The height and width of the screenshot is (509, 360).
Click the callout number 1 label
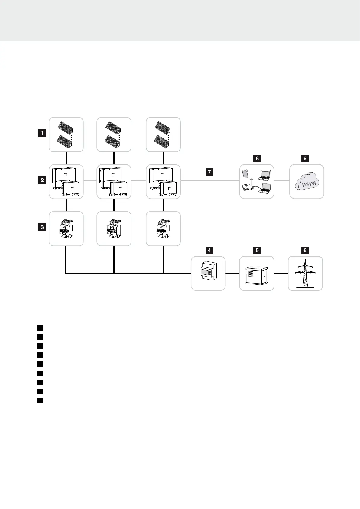pyautogui.click(x=42, y=133)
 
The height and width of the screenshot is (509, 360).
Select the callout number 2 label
pyautogui.click(x=42, y=180)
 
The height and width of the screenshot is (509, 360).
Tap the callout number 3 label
pyautogui.click(x=42, y=227)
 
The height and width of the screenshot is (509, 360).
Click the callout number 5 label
pyautogui.click(x=257, y=250)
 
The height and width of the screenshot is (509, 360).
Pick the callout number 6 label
pyautogui.click(x=305, y=250)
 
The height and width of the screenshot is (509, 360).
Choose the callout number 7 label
pyautogui.click(x=209, y=173)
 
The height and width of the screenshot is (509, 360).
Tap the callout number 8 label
pyautogui.click(x=257, y=158)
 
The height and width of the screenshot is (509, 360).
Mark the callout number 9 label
pyautogui.click(x=305, y=158)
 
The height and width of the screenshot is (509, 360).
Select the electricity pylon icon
pyautogui.click(x=305, y=274)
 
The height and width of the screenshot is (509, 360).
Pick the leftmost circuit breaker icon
pyautogui.click(x=66, y=229)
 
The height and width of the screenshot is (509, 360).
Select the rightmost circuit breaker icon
pyautogui.click(x=163, y=229)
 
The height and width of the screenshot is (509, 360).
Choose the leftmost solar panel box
pyautogui.click(x=66, y=135)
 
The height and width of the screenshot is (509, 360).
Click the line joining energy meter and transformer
pyautogui.click(x=232, y=274)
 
